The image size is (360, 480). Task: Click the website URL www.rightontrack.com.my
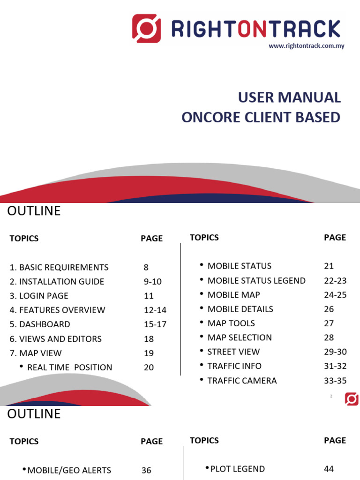[x=306, y=46]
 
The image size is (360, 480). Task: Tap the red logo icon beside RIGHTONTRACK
[x=146, y=28]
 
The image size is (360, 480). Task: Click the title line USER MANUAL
[x=289, y=97]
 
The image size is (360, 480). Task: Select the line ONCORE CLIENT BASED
[x=261, y=117]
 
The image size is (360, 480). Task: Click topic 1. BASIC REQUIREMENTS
[x=59, y=267]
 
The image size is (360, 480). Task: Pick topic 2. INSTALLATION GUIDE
[x=57, y=282]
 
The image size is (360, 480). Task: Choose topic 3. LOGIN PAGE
[x=39, y=296]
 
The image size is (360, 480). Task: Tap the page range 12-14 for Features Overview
[x=155, y=310]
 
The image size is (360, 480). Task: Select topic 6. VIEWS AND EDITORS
[x=55, y=339]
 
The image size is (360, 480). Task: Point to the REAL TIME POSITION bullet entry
[x=70, y=367]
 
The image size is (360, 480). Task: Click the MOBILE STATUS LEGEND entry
[x=256, y=280]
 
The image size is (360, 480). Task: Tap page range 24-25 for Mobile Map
[x=335, y=295]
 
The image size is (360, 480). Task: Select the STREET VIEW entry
[x=233, y=352]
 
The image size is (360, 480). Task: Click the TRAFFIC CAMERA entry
[x=242, y=380]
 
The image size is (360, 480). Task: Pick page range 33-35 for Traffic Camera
[x=335, y=380]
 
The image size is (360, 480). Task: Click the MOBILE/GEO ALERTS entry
[x=69, y=470]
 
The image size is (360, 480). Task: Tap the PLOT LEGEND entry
[x=238, y=469]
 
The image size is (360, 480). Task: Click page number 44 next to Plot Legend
[x=329, y=469]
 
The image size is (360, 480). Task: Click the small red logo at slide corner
[x=352, y=399]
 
